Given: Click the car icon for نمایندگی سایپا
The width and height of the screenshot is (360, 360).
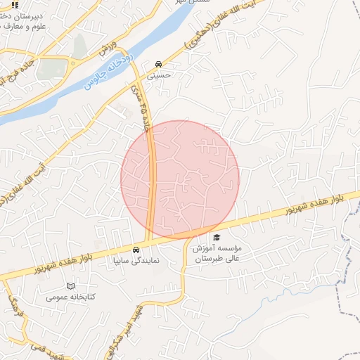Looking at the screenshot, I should pyautogui.click(x=136, y=250).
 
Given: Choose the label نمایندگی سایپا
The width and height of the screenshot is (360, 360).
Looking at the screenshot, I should pyautogui.click(x=137, y=260).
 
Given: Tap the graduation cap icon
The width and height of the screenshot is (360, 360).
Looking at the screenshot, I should pyautogui.click(x=217, y=238).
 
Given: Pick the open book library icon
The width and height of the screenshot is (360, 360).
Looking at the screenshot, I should pyautogui.click(x=70, y=286).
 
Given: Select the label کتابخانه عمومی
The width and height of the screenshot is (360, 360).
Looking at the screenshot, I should pyautogui.click(x=70, y=297).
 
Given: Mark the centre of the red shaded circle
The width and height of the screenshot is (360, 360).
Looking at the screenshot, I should pyautogui.click(x=180, y=179).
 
